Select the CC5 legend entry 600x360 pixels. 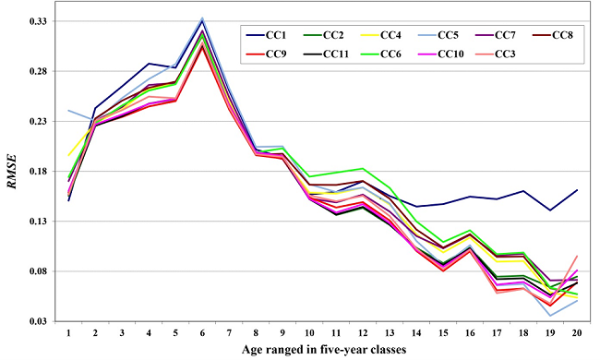(461, 35)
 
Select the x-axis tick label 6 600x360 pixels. (201, 330)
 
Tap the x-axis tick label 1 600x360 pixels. (68, 330)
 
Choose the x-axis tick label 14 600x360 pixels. (415, 330)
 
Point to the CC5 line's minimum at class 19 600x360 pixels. (549, 316)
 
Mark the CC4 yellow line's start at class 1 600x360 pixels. (68, 155)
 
